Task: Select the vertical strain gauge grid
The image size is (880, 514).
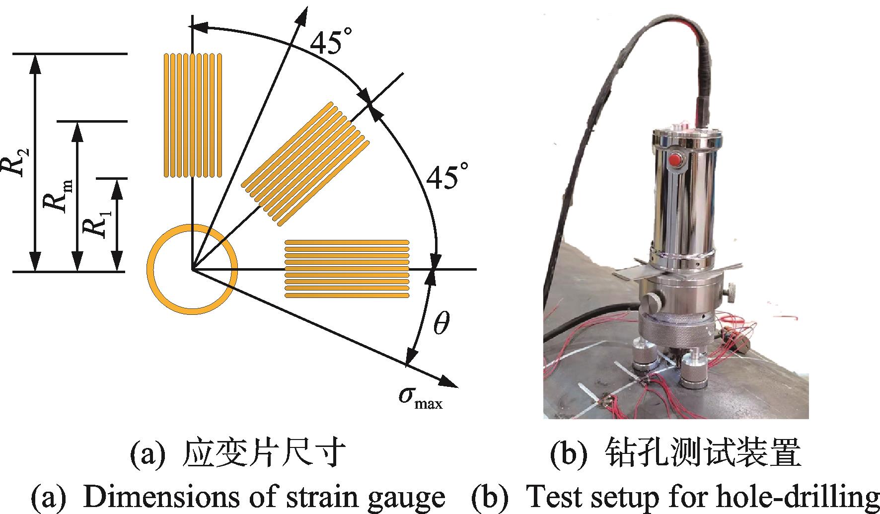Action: pyautogui.click(x=192, y=115)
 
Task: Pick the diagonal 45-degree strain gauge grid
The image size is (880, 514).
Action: pyautogui.click(x=306, y=164)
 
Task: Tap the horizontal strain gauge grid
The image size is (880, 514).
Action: pyautogui.click(x=347, y=269)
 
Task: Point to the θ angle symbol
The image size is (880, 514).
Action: pyautogui.click(x=440, y=323)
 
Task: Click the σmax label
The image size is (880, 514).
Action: pyautogui.click(x=420, y=397)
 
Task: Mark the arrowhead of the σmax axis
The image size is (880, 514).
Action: pyautogui.click(x=449, y=382)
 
